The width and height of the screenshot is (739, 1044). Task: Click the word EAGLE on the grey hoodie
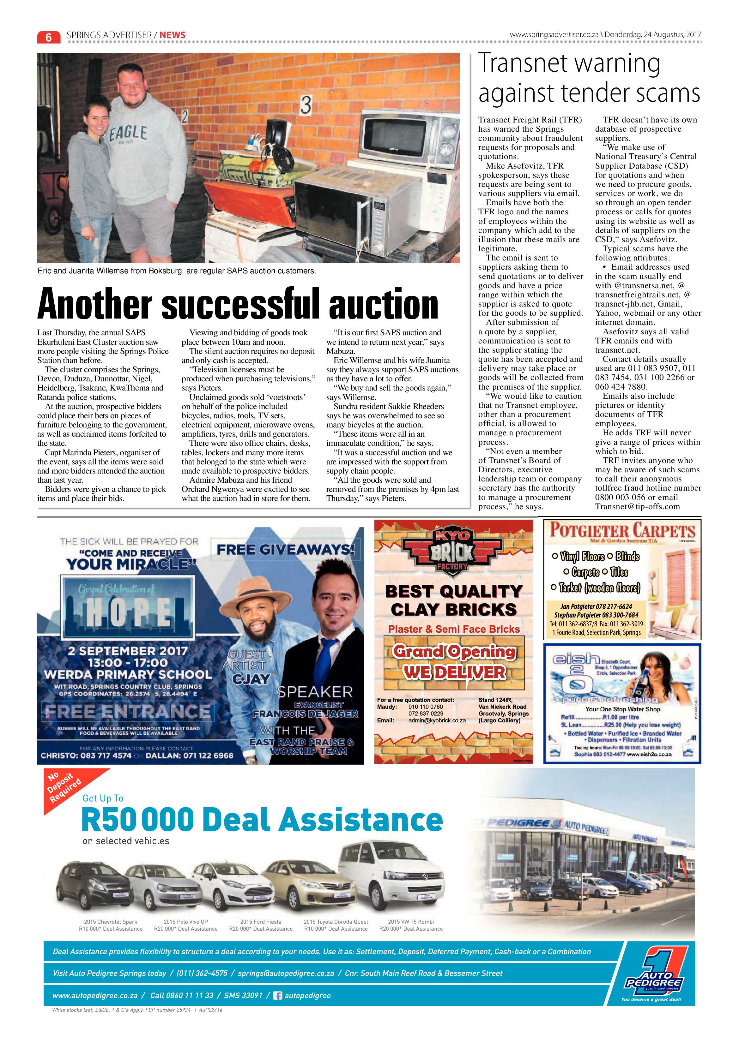[x=128, y=133]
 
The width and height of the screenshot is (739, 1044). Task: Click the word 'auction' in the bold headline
[x=383, y=305]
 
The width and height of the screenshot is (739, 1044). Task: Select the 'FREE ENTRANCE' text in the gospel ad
[x=127, y=711]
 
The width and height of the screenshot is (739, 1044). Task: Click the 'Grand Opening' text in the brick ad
[x=454, y=651]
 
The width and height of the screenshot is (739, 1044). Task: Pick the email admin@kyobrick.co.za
[x=437, y=720]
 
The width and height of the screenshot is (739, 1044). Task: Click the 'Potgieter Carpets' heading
[x=622, y=531]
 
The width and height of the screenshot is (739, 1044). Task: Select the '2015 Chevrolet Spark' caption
[x=111, y=922]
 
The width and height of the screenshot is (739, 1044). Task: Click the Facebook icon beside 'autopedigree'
[x=277, y=995]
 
